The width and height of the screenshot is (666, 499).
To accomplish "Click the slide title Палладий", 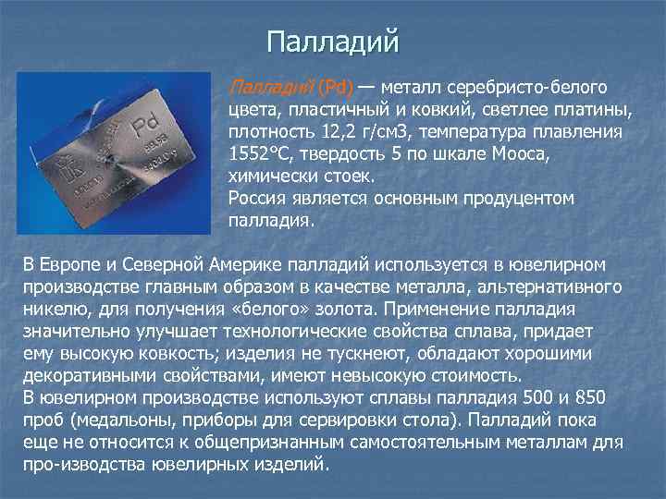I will (332, 42).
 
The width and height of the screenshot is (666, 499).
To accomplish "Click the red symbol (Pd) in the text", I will (338, 88).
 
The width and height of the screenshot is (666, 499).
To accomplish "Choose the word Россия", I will (258, 199).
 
